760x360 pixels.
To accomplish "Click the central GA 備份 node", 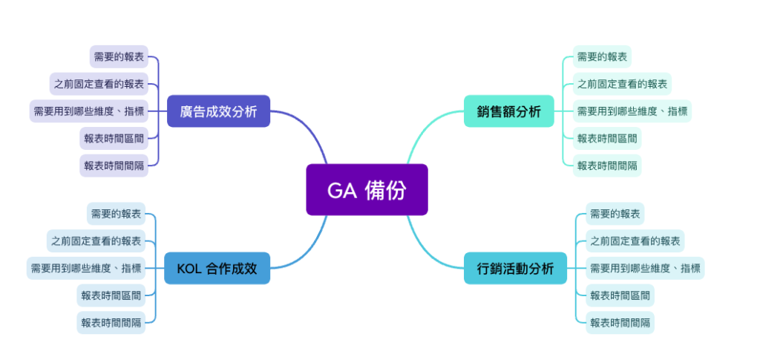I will click(367, 190).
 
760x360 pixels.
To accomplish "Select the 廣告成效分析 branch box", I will click(218, 111).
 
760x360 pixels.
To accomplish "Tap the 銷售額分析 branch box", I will click(508, 111).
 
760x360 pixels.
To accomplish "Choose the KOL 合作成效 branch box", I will click(217, 268).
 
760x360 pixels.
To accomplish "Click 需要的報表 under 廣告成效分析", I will click(119, 56).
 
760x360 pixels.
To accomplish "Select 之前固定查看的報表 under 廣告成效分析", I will click(99, 84).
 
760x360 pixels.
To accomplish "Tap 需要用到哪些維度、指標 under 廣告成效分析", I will click(88, 111).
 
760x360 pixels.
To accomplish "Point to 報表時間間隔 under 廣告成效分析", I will click(114, 166).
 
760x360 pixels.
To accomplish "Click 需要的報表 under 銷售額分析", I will click(603, 56).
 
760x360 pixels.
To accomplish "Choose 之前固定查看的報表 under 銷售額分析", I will click(623, 84).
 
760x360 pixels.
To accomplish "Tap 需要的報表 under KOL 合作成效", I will click(116, 214).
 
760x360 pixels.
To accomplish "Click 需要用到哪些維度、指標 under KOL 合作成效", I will click(85, 268).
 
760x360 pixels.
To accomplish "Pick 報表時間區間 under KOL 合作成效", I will click(111, 295).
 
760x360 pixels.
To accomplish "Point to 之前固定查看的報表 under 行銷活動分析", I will click(635, 240).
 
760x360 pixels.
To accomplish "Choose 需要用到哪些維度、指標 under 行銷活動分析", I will click(644, 268).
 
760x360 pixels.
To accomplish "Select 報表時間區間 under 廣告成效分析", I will click(114, 138).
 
